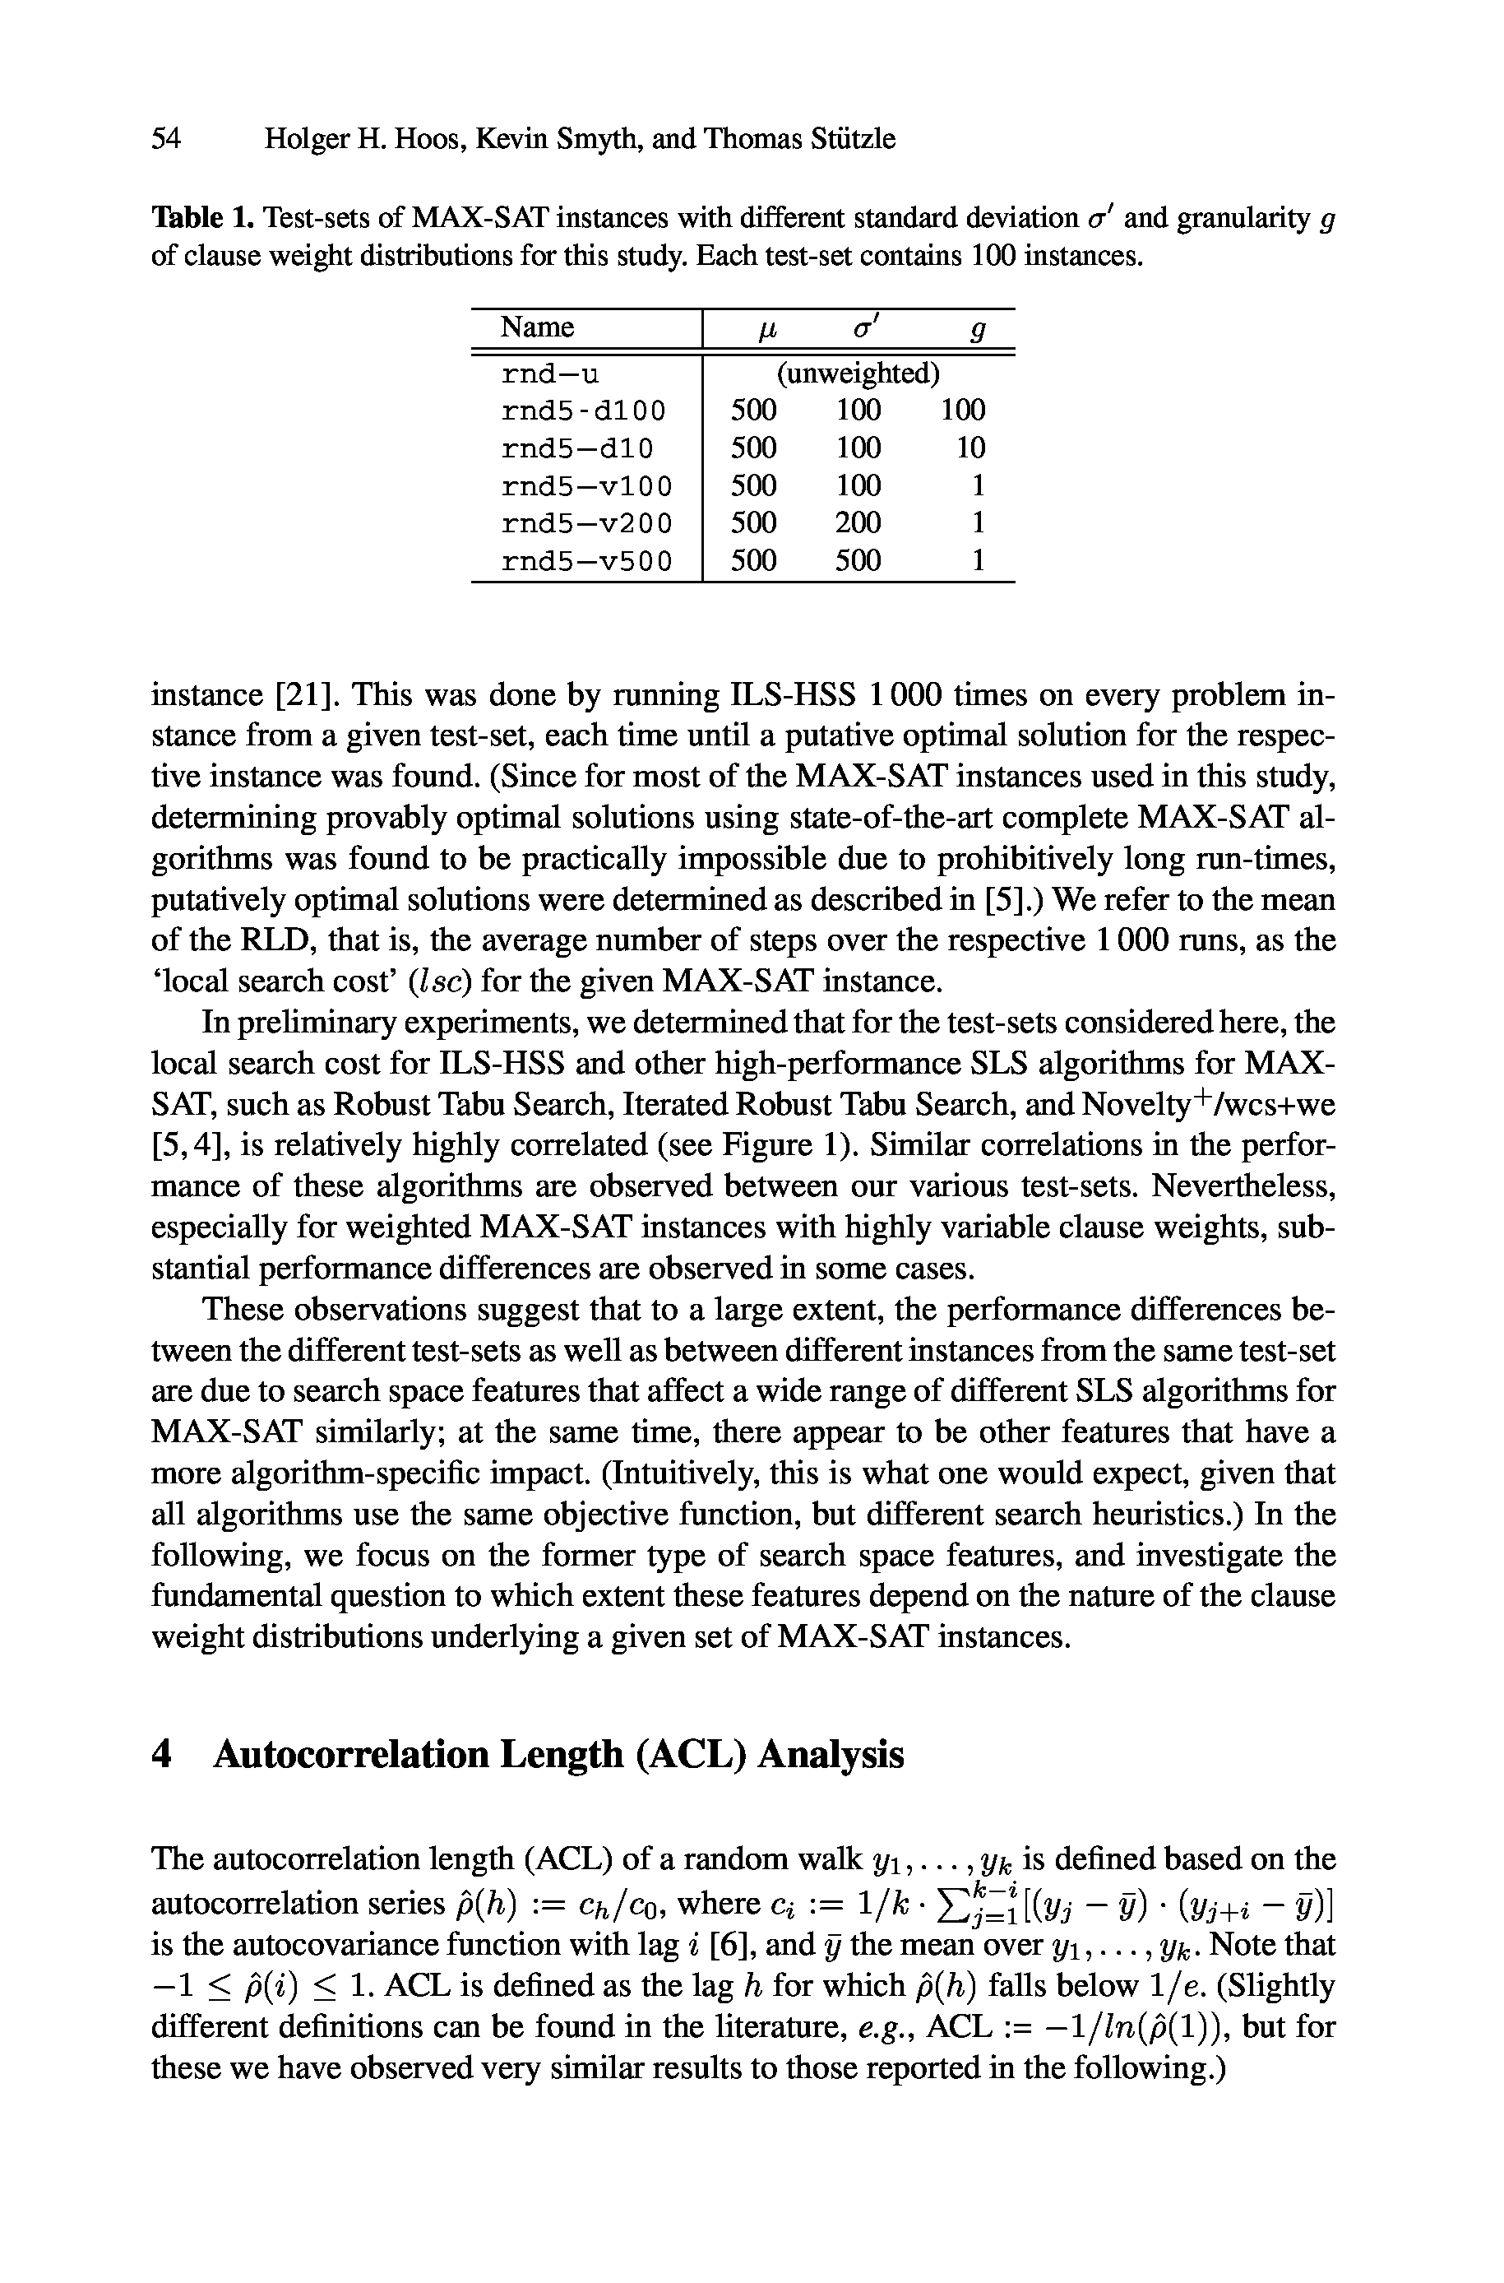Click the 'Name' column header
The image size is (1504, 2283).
[537, 328]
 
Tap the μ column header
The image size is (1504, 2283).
[766, 330]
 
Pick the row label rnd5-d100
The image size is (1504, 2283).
[583, 411]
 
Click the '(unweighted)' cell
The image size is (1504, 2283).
[857, 374]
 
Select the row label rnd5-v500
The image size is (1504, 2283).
[587, 560]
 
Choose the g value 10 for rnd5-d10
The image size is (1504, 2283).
[970, 448]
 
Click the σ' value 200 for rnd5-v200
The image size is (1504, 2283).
[857, 523]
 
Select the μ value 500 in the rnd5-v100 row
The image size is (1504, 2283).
[753, 485]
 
